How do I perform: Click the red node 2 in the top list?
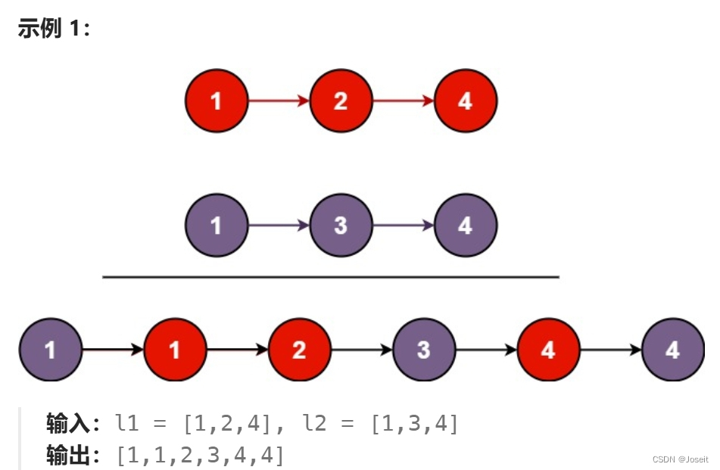341,101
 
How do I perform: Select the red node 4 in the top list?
465,101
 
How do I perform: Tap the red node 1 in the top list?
217,101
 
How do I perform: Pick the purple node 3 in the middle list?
341,225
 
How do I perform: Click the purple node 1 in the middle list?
217,225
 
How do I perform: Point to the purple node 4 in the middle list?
465,225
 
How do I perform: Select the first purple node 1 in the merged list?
50,350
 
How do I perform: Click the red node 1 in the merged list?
175,350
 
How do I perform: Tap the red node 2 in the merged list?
299,350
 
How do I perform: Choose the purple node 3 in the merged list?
423,350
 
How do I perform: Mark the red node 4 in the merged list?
548,350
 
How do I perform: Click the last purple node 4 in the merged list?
672,350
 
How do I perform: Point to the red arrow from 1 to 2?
279,101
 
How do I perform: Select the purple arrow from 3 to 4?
403,225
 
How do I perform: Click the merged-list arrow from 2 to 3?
361,350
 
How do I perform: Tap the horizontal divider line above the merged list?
330,277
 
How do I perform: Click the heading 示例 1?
54,30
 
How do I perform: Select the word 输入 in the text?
68,422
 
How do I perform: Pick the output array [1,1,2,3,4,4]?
200,455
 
